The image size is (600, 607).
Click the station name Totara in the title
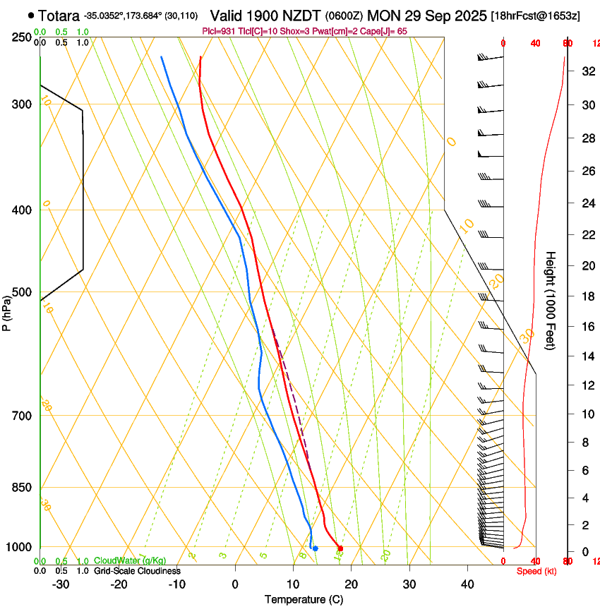pyautogui.click(x=59, y=15)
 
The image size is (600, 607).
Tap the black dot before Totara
pyautogui.click(x=31, y=15)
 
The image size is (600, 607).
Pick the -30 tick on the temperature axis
pyautogui.click(x=61, y=584)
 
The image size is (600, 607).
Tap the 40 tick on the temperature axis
pyautogui.click(x=467, y=584)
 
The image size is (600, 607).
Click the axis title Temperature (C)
pyautogui.click(x=304, y=599)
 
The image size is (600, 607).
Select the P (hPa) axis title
pyautogui.click(x=7, y=311)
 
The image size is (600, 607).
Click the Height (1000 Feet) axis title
pyautogui.click(x=551, y=300)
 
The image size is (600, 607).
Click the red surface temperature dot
pyautogui.click(x=340, y=548)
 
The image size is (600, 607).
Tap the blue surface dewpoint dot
pyautogui.click(x=315, y=548)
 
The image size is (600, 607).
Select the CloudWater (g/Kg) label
pyautogui.click(x=131, y=561)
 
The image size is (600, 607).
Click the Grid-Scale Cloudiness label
pyautogui.click(x=137, y=571)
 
